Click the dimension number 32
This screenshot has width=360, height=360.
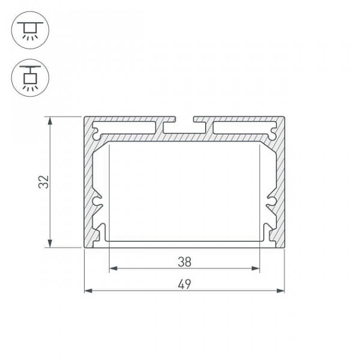click(44, 182)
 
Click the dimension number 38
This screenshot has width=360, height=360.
click(184, 262)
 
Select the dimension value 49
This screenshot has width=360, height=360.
click(184, 284)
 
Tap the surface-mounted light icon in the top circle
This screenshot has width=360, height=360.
click(30, 31)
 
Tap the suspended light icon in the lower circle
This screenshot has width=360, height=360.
click(30, 78)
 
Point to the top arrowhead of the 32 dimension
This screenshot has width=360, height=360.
click(50, 121)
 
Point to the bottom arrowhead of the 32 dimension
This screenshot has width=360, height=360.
click(50, 244)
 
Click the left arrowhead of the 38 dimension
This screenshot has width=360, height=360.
click(113, 268)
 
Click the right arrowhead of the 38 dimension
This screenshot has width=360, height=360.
click(256, 268)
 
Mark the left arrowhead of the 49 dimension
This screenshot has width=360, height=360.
click(88, 291)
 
